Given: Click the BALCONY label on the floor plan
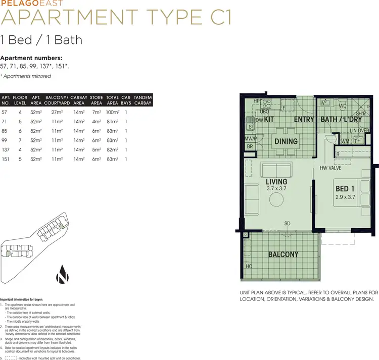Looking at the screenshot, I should [x=283, y=254].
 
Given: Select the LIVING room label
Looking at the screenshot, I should [x=276, y=181].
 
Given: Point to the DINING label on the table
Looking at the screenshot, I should [x=286, y=142].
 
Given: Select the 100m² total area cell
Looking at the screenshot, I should [x=112, y=112].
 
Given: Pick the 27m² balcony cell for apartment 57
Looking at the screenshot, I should [x=57, y=112].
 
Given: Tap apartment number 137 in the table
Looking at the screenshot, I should [x=7, y=149].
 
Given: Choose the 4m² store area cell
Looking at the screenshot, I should [x=96, y=122].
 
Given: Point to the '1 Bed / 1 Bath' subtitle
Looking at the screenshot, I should [x=42, y=40].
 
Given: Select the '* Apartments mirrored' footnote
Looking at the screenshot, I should [x=26, y=76].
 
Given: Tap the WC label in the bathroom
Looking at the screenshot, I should [x=343, y=106].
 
